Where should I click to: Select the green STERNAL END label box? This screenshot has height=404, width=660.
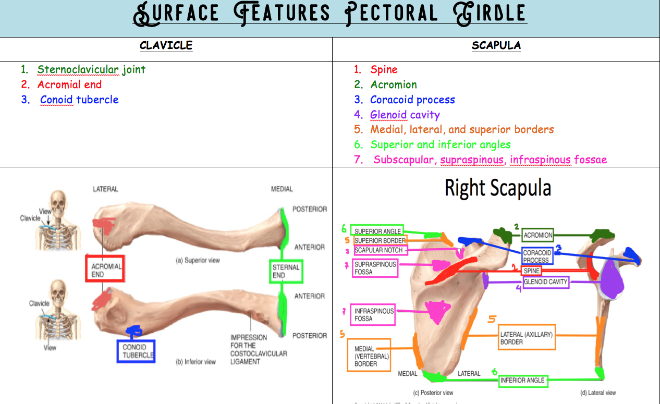click(x=286, y=271)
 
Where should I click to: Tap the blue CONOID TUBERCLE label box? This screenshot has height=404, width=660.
click(x=136, y=351)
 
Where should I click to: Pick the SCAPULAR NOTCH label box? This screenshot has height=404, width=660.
click(x=379, y=250)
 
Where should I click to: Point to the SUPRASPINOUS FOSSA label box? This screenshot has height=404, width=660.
click(x=375, y=268)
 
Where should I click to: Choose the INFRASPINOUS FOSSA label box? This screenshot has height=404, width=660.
click(x=373, y=314)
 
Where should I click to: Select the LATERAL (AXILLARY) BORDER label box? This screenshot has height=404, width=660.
click(x=526, y=338)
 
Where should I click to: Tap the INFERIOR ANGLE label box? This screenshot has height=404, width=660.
click(x=522, y=381)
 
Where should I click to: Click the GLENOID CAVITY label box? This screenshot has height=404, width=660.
click(x=545, y=282)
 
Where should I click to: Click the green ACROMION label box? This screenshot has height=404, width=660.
click(x=537, y=235)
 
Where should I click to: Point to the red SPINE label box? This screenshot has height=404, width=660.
click(x=532, y=271)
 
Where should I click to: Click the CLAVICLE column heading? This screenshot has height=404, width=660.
click(x=166, y=45)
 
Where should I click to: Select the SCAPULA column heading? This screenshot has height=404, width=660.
click(x=496, y=45)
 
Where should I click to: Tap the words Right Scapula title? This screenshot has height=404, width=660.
click(x=497, y=188)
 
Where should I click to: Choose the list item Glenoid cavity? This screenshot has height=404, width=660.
click(x=405, y=115)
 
